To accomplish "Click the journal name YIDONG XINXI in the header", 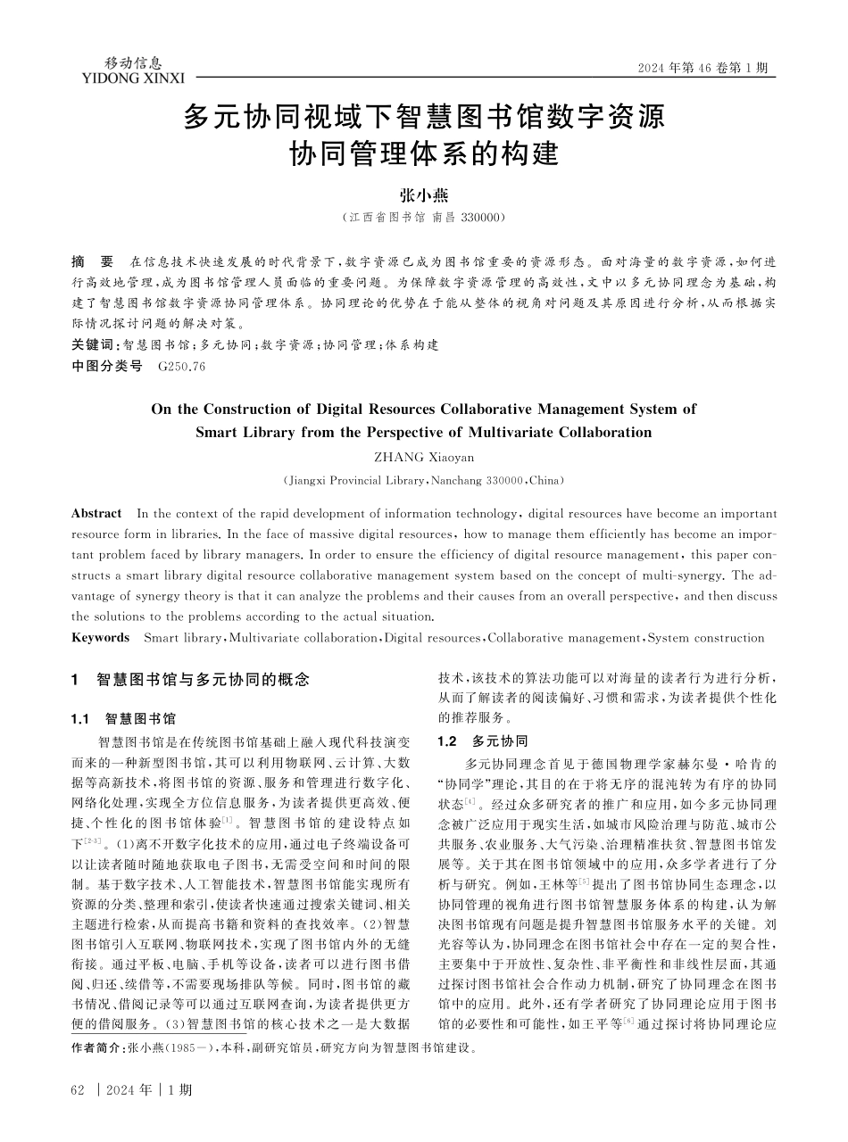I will click(132, 79).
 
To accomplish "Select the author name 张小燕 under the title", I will click(423, 196).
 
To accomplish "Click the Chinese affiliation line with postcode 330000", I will click(424, 217).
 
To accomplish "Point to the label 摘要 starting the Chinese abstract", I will click(93, 262).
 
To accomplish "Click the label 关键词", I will click(93, 344).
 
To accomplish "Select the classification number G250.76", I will click(181, 366).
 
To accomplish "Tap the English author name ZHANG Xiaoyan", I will click(423, 457).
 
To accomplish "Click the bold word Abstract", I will click(96, 513).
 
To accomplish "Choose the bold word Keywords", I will click(101, 637).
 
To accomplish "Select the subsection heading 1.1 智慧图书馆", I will click(123, 718).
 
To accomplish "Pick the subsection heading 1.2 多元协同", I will click(483, 741).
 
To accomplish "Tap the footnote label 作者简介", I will click(97, 1049).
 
